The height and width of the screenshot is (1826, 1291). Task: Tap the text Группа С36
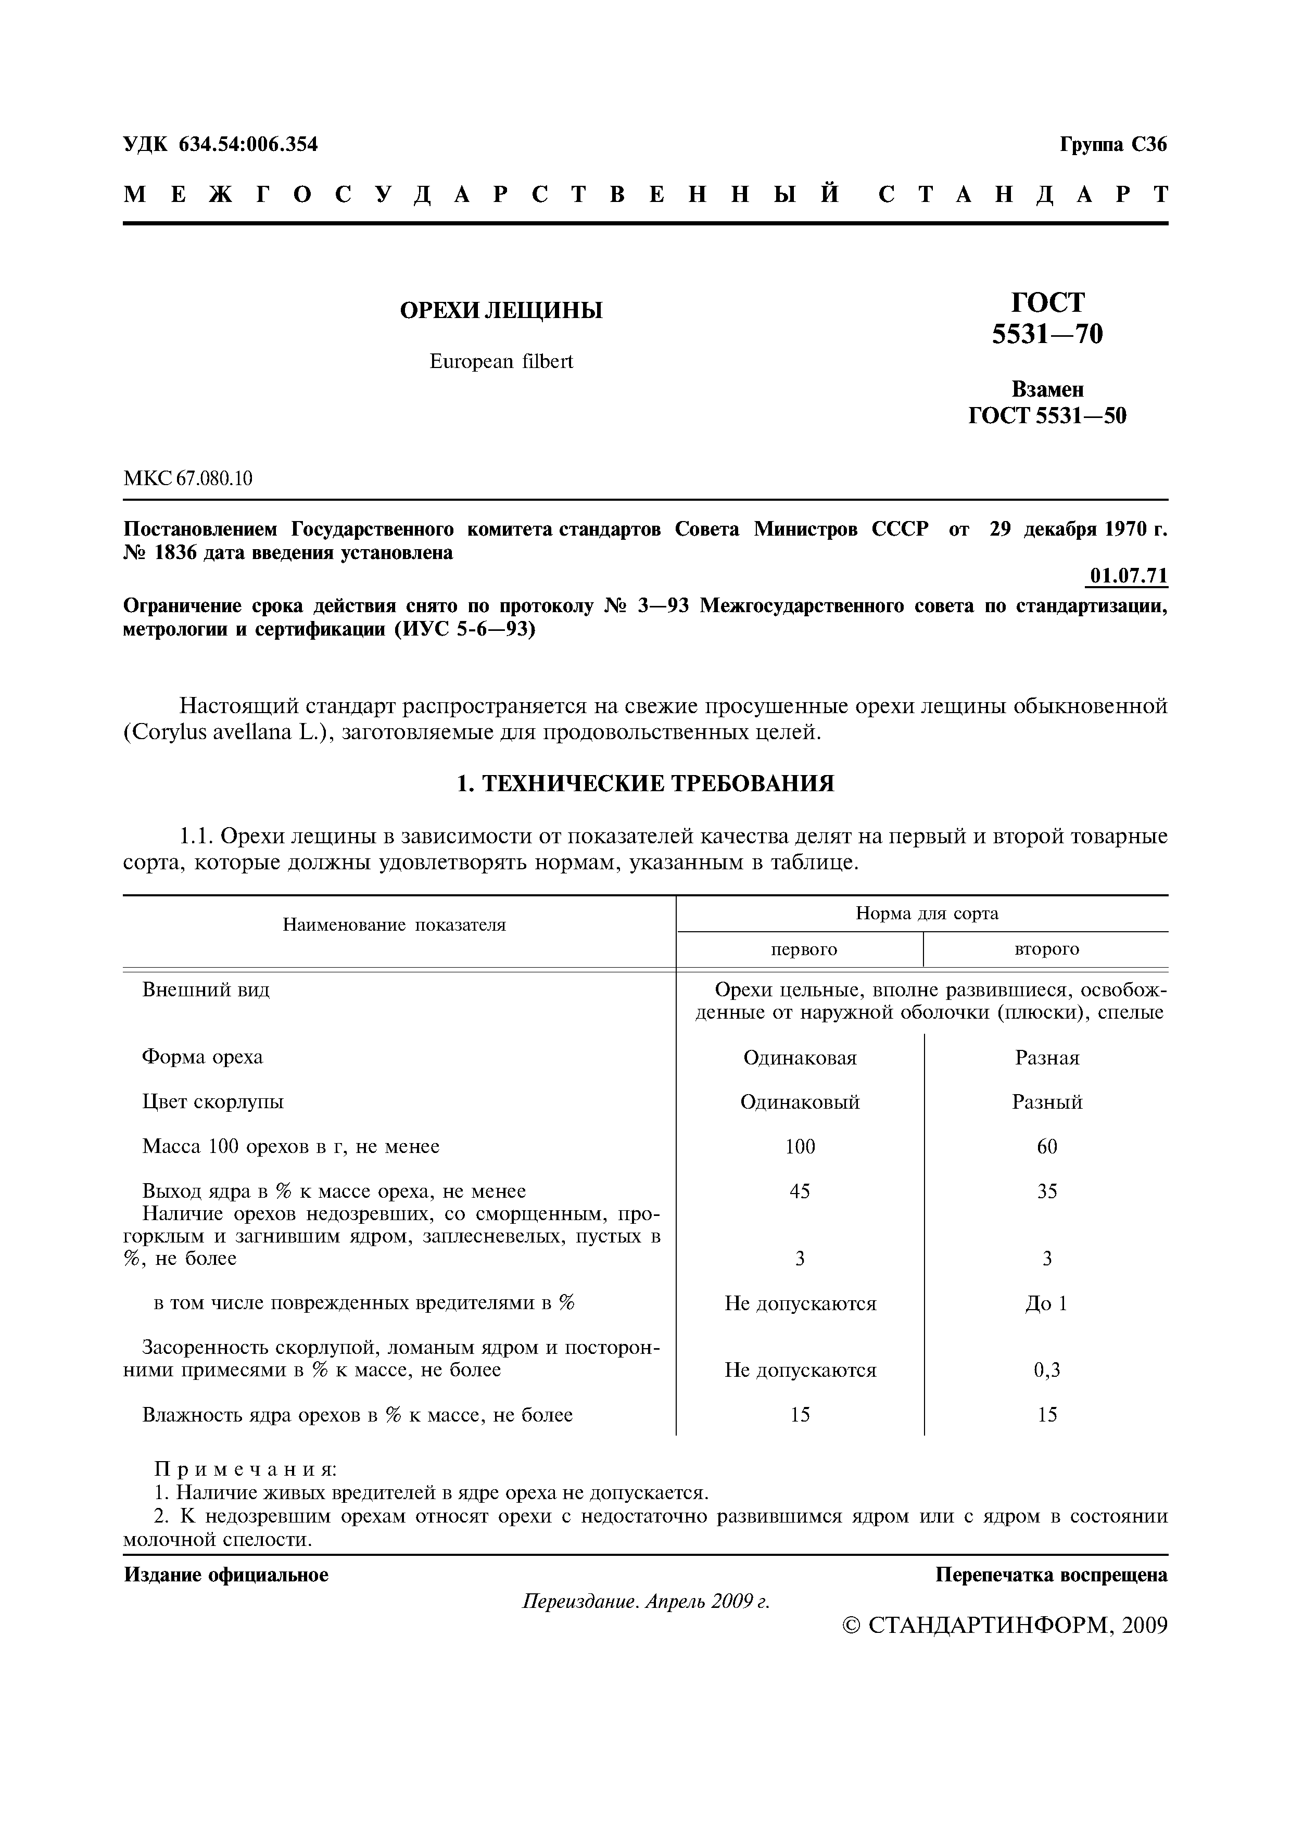tap(1113, 145)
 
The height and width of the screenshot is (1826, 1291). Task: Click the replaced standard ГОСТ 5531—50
tap(1047, 416)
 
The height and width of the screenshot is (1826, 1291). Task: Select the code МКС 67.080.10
tap(188, 478)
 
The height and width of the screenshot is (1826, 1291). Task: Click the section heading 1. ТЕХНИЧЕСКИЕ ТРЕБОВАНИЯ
tap(645, 784)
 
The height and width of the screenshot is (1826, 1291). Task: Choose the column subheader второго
tap(1047, 949)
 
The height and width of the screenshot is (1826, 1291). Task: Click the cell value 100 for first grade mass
tap(800, 1147)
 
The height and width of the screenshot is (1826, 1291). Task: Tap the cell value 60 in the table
tap(1047, 1147)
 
